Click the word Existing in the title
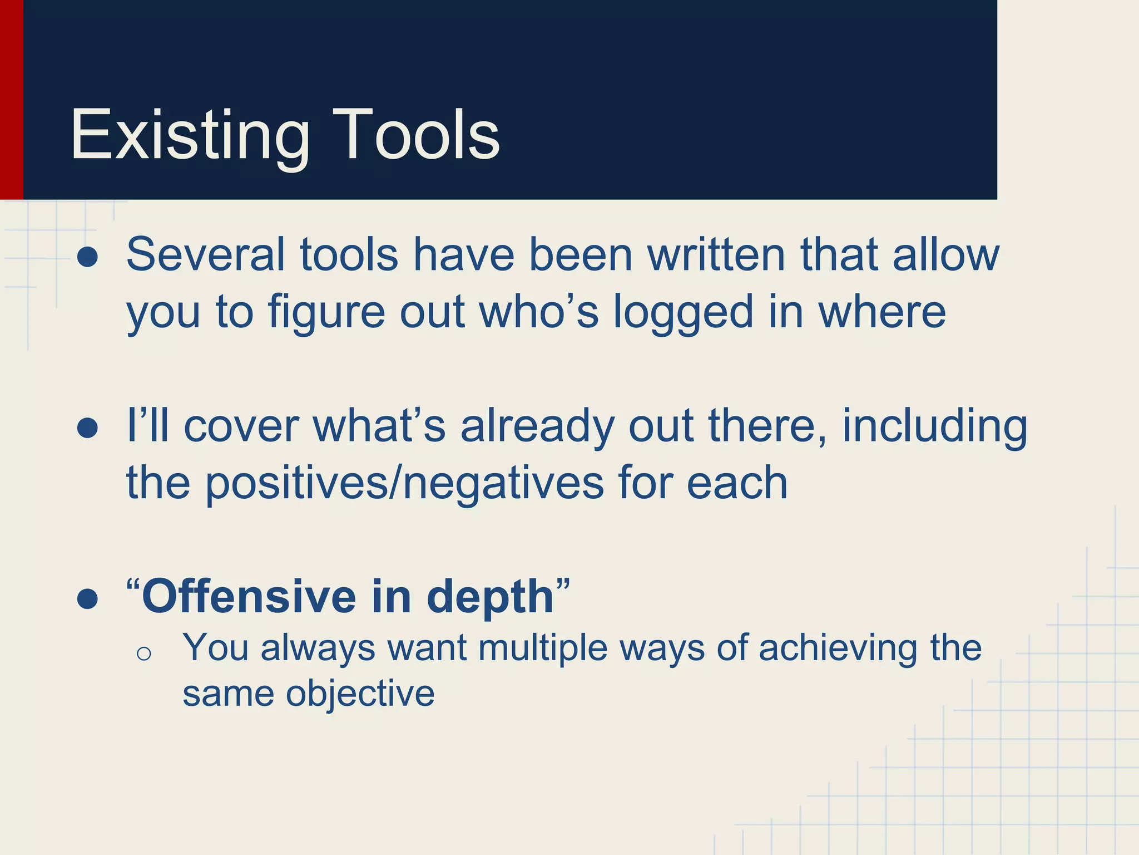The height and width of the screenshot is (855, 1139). point(190,135)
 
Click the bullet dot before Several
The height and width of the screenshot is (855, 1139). point(88,257)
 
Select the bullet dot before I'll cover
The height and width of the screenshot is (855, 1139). point(88,428)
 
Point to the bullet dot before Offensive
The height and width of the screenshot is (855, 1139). point(88,599)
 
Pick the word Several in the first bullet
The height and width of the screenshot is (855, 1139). point(205,254)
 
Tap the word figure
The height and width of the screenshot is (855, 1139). point(326,312)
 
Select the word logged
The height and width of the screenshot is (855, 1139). point(683,313)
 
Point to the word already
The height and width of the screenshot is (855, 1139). point(537,427)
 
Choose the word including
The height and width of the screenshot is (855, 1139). point(934,427)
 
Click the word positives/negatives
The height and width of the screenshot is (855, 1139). point(404,483)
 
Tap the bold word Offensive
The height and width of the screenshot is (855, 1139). point(249,596)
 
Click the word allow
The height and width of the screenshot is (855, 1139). point(946,254)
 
